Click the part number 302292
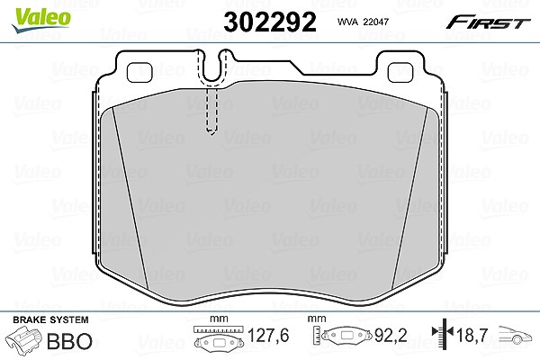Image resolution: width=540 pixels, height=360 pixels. pyautogui.click(x=270, y=22)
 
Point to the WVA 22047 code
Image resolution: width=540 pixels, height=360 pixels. pyautogui.click(x=363, y=22)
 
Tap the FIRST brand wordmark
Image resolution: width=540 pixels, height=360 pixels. pyautogui.click(x=488, y=22)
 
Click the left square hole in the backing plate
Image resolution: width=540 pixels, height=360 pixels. pyautogui.click(x=139, y=72)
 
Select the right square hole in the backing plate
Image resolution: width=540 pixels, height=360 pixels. pyautogui.click(x=400, y=72)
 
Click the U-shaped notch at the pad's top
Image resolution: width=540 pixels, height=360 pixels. pyautogui.click(x=211, y=67)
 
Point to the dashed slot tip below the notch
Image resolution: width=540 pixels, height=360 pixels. pyautogui.click(x=211, y=132)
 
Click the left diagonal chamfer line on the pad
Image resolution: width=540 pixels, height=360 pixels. pyautogui.click(x=130, y=197)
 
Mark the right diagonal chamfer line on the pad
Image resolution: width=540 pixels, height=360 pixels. pyautogui.click(x=409, y=197)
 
